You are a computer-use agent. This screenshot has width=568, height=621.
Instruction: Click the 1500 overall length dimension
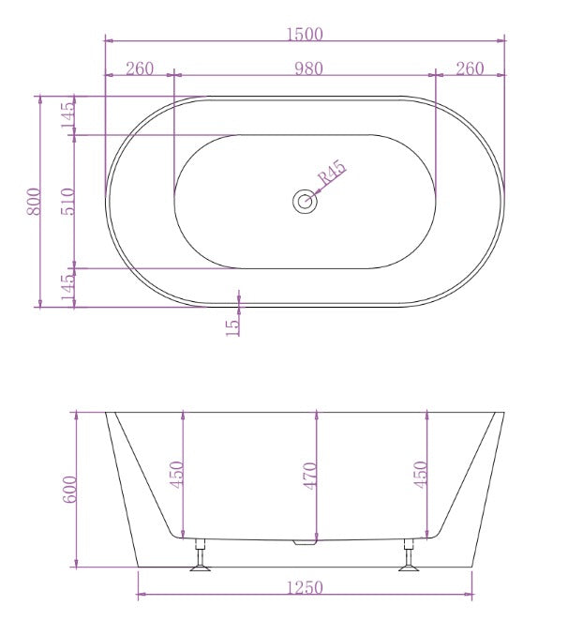(x=306, y=35)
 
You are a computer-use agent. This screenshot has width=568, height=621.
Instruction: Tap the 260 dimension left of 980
(x=139, y=68)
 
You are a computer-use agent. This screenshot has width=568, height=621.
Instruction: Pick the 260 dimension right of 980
(x=470, y=68)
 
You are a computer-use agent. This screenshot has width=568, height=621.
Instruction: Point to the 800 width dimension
(x=33, y=202)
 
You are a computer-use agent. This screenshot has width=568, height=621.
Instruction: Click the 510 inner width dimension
(x=67, y=202)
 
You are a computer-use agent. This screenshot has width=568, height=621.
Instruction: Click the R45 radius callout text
(x=332, y=175)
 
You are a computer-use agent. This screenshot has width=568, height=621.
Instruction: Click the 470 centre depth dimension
(x=310, y=475)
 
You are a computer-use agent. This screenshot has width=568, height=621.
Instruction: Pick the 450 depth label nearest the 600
(x=177, y=475)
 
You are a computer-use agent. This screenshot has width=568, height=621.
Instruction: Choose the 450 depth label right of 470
(x=421, y=475)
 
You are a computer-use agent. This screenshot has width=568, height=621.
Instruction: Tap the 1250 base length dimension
(x=305, y=587)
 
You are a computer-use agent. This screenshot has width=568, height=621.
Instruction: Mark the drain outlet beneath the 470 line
(x=304, y=542)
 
